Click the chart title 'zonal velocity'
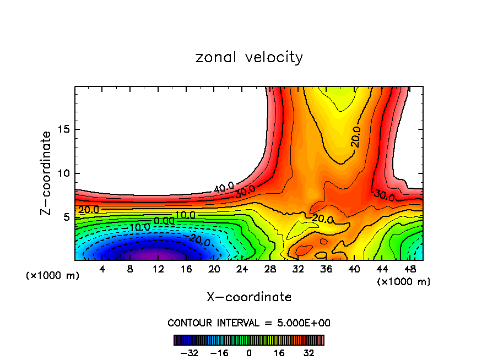tap(249, 57)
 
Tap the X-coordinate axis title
tap(249, 297)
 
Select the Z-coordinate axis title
tap(47, 173)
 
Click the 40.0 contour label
tap(224, 187)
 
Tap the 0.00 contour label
tap(164, 221)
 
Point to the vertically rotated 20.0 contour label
tap(356, 137)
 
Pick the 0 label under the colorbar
tap(249, 353)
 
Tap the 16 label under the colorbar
tap(279, 353)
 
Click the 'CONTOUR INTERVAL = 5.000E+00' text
tap(249, 323)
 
